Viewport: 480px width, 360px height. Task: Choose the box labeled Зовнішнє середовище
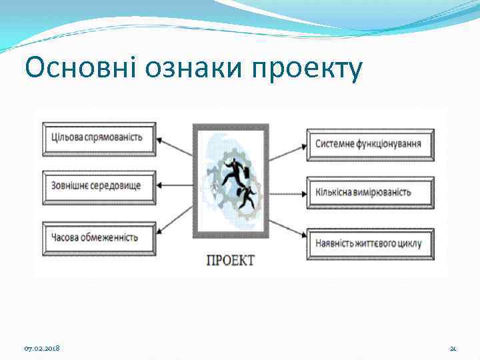[x=99, y=184]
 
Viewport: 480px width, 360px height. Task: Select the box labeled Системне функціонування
[x=370, y=145]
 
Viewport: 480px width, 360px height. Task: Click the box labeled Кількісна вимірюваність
[x=370, y=192]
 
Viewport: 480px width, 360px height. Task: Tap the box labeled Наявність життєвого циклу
[x=370, y=243]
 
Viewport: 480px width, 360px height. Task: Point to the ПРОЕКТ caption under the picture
[x=230, y=260]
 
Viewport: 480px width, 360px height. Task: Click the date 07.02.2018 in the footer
[x=41, y=349]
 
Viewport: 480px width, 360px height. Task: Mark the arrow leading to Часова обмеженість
[x=175, y=224]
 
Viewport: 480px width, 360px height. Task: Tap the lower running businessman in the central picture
[x=247, y=197]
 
